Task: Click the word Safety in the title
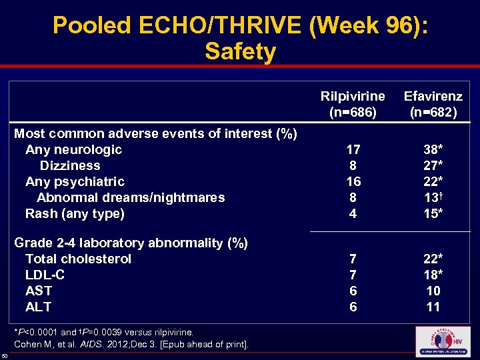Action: pos(240,51)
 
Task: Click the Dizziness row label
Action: pos(70,165)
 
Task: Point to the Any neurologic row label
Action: pos(73,149)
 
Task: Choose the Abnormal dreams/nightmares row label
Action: pos(131,197)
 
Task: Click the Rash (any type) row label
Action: pos(75,213)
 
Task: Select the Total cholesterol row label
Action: pos(78,259)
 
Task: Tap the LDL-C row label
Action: pos(45,275)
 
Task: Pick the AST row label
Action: pos(39,291)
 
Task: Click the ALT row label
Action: pos(38,307)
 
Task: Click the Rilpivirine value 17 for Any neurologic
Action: pos(353,149)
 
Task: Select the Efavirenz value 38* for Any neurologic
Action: pos(433,149)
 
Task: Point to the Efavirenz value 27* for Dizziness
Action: pos(433,165)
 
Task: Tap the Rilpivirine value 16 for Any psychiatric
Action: pos(353,181)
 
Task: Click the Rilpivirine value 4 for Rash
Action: pos(353,213)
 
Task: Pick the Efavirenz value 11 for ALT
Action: pos(433,307)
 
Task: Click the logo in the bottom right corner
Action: pos(442,341)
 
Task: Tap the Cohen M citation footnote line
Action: pos(131,344)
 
